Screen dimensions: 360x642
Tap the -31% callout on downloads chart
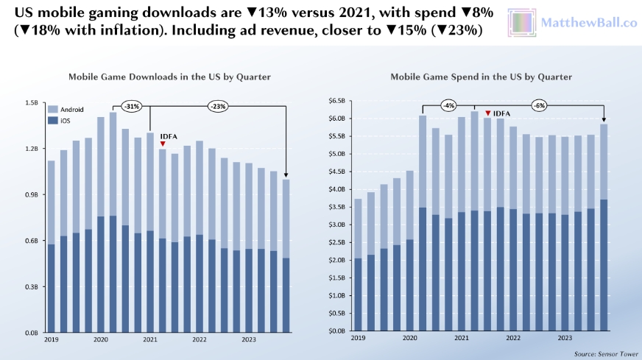point(132,106)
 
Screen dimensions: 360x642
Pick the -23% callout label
point(217,106)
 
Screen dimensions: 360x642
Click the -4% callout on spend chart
point(448,106)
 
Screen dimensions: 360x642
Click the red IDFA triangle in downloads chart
point(162,144)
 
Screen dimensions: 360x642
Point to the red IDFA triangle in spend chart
point(487,113)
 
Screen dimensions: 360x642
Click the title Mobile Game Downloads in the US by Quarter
point(159,77)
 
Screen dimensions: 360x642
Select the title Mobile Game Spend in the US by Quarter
point(481,77)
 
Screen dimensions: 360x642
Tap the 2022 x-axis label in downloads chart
point(199,339)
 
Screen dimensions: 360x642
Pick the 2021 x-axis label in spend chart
point(462,337)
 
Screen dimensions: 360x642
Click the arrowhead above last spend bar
point(604,120)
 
